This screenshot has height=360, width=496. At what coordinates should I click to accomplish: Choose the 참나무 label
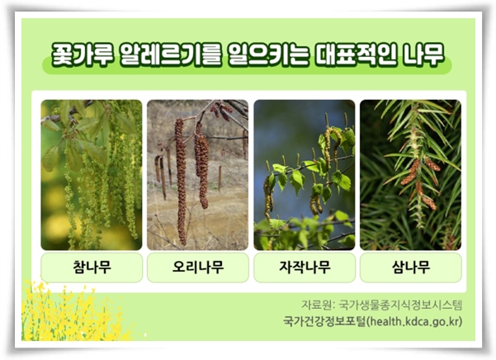[91, 268]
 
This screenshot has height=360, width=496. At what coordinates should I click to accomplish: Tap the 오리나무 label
[197, 268]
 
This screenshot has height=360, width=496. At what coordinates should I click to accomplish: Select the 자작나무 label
[304, 268]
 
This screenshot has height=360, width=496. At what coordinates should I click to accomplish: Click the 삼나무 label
[410, 268]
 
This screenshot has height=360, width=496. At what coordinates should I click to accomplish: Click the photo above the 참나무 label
[91, 174]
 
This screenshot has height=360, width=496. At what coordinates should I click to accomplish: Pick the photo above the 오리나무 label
[197, 174]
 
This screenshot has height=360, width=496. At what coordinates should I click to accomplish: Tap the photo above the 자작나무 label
[304, 174]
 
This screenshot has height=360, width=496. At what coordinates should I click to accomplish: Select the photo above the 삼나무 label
[410, 174]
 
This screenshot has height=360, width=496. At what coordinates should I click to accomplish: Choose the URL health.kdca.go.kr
[421, 321]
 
